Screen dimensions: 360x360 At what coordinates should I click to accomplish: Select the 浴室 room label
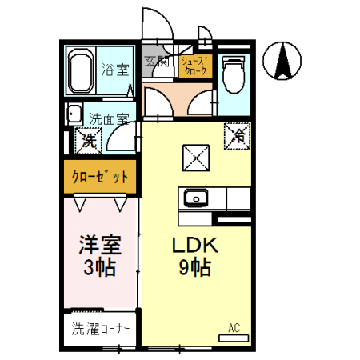pyautogui.click(x=113, y=70)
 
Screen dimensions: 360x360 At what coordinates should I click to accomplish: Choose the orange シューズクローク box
pyautogui.click(x=194, y=66)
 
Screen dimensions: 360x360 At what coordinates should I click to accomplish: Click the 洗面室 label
pyautogui.click(x=109, y=118)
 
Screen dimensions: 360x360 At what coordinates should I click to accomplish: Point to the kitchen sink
pyautogui.click(x=195, y=198)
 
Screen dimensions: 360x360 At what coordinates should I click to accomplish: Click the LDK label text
pyautogui.click(x=194, y=246)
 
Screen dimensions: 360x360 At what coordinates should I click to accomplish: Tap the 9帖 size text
pyautogui.click(x=194, y=268)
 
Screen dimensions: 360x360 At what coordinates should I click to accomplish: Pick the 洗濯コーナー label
pyautogui.click(x=101, y=328)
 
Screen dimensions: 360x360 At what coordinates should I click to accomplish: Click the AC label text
pyautogui.click(x=234, y=326)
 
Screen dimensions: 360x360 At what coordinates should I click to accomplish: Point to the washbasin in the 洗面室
pyautogui.click(x=73, y=114)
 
